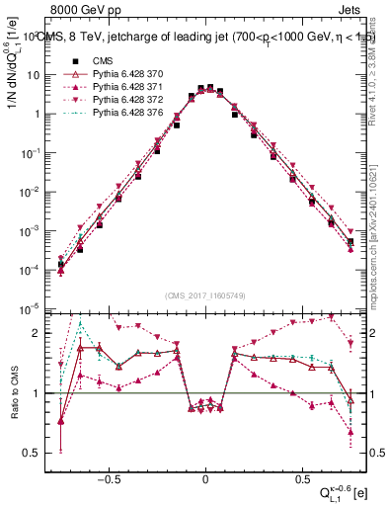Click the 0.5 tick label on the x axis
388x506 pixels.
[301, 475]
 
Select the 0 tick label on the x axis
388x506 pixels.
[205, 475]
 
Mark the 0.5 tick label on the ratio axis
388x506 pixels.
[38, 453]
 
